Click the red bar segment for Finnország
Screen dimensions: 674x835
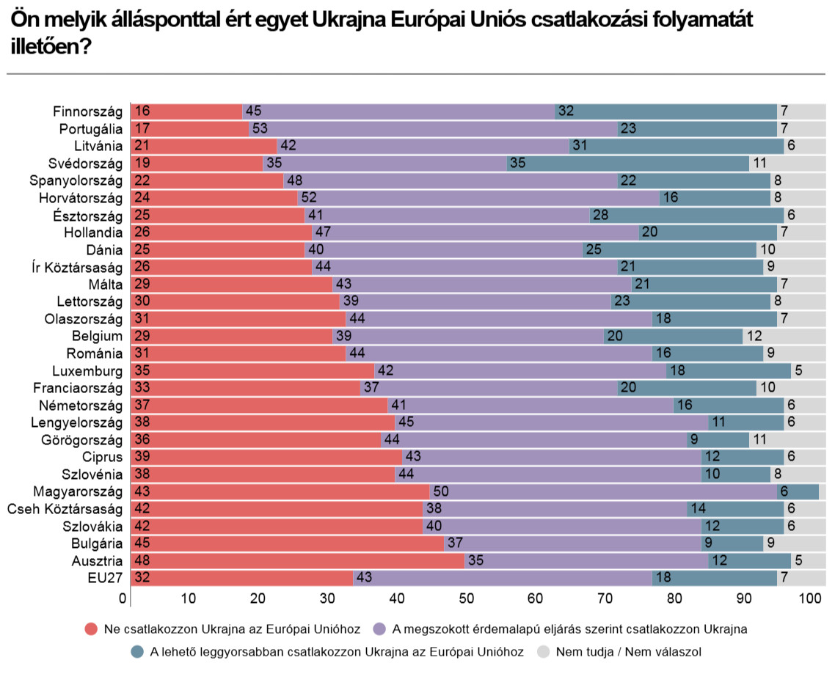tap(186, 111)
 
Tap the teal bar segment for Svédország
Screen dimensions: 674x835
tap(628, 164)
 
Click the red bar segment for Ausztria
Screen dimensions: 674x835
tap(297, 561)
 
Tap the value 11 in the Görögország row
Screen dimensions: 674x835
tap(759, 440)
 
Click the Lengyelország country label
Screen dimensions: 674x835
tap(76, 422)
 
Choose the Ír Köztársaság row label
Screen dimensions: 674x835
tap(76, 267)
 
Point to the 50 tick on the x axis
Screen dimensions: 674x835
tap(465, 598)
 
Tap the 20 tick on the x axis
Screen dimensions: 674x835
tap(258, 598)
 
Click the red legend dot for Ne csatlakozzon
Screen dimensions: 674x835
tap(91, 629)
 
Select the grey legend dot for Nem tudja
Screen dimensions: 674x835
tap(543, 651)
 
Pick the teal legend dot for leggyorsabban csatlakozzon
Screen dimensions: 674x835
tap(136, 651)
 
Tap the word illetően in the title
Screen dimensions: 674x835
tap(46, 47)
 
